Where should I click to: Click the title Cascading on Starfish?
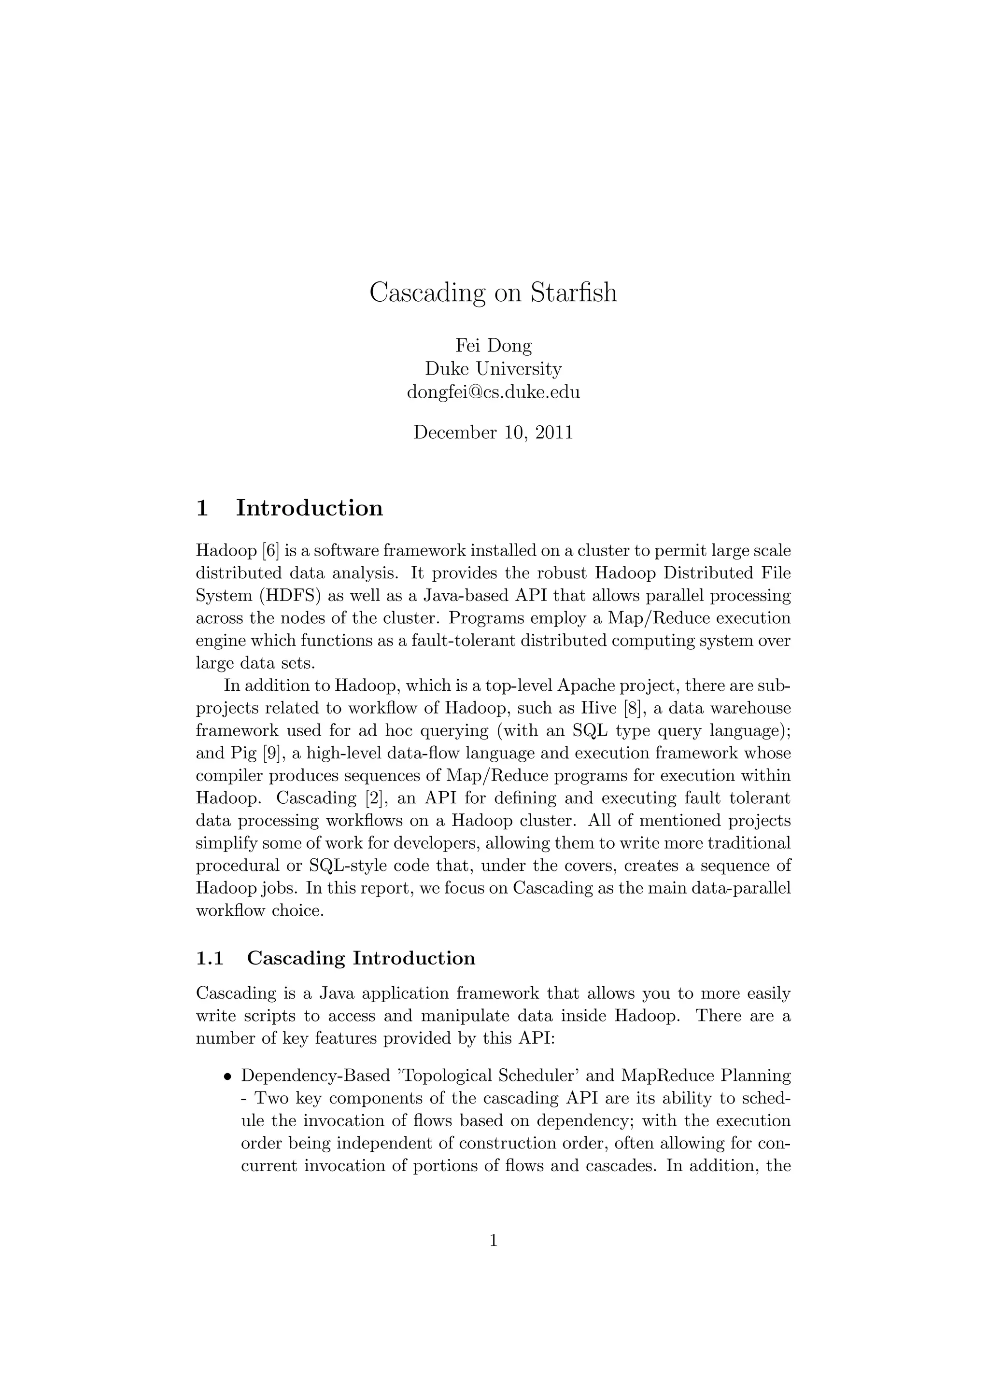click(493, 293)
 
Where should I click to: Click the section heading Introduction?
click(310, 508)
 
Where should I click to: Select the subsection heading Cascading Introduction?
click(361, 958)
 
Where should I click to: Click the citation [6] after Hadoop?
click(270, 551)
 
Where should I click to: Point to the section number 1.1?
click(210, 958)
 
